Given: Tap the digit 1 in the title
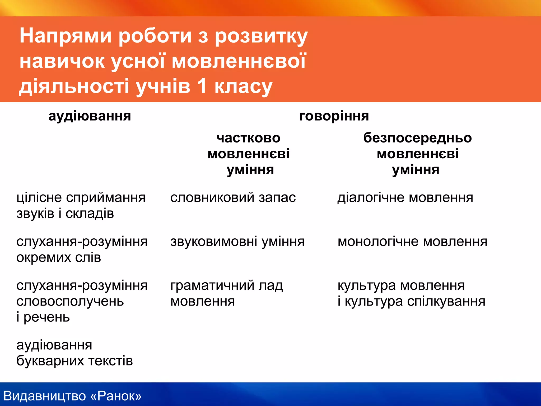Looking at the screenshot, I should pos(202,86).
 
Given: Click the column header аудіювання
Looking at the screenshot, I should pos(90,116).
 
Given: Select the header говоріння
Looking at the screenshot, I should pos(334,116).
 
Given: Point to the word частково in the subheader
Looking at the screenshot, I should pos(249,138).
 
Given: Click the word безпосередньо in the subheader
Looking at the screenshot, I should pos(418,138).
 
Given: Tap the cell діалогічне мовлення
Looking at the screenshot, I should pos(405,198).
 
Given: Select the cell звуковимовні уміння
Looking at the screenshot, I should pos(237,242).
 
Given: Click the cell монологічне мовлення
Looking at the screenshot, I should pos(412,242).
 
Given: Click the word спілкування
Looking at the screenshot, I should pos(446,302).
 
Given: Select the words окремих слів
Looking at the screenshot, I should pos(59,257).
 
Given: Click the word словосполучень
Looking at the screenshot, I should pos(70,302).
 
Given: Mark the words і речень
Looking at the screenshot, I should pos(43,317).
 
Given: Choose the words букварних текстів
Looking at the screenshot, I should pos(74,361).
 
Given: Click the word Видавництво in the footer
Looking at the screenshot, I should pos(45,396).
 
